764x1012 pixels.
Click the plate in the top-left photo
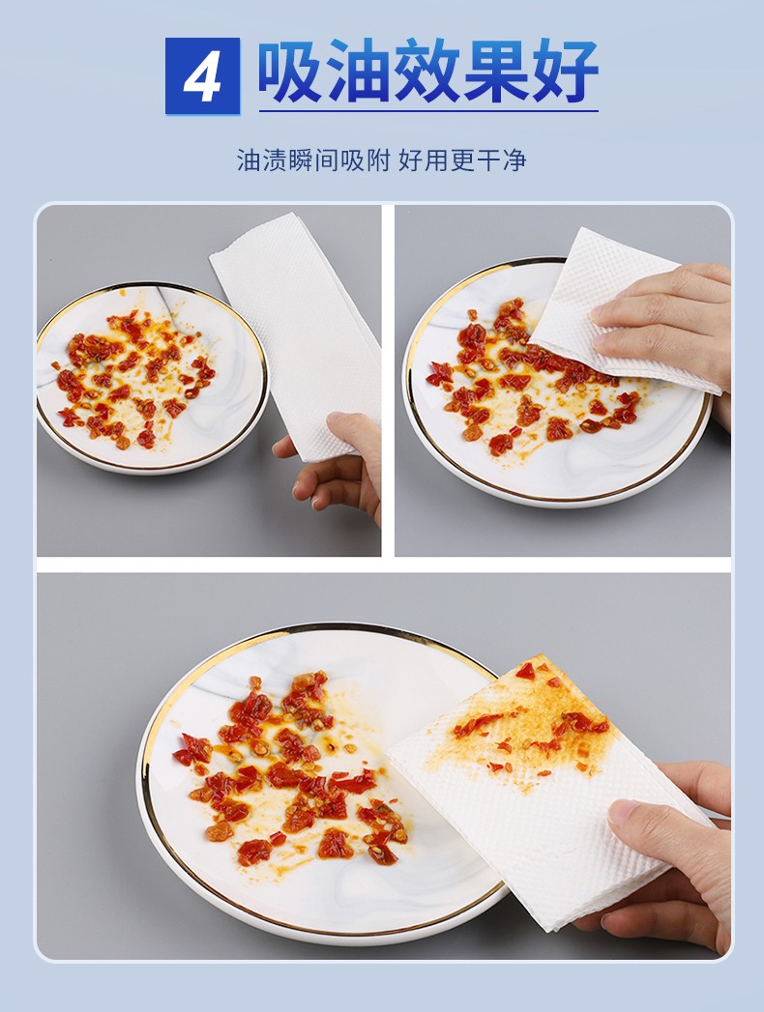click(x=153, y=378)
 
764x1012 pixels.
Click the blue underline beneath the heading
click(x=428, y=112)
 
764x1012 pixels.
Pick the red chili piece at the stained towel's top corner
click(x=525, y=671)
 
